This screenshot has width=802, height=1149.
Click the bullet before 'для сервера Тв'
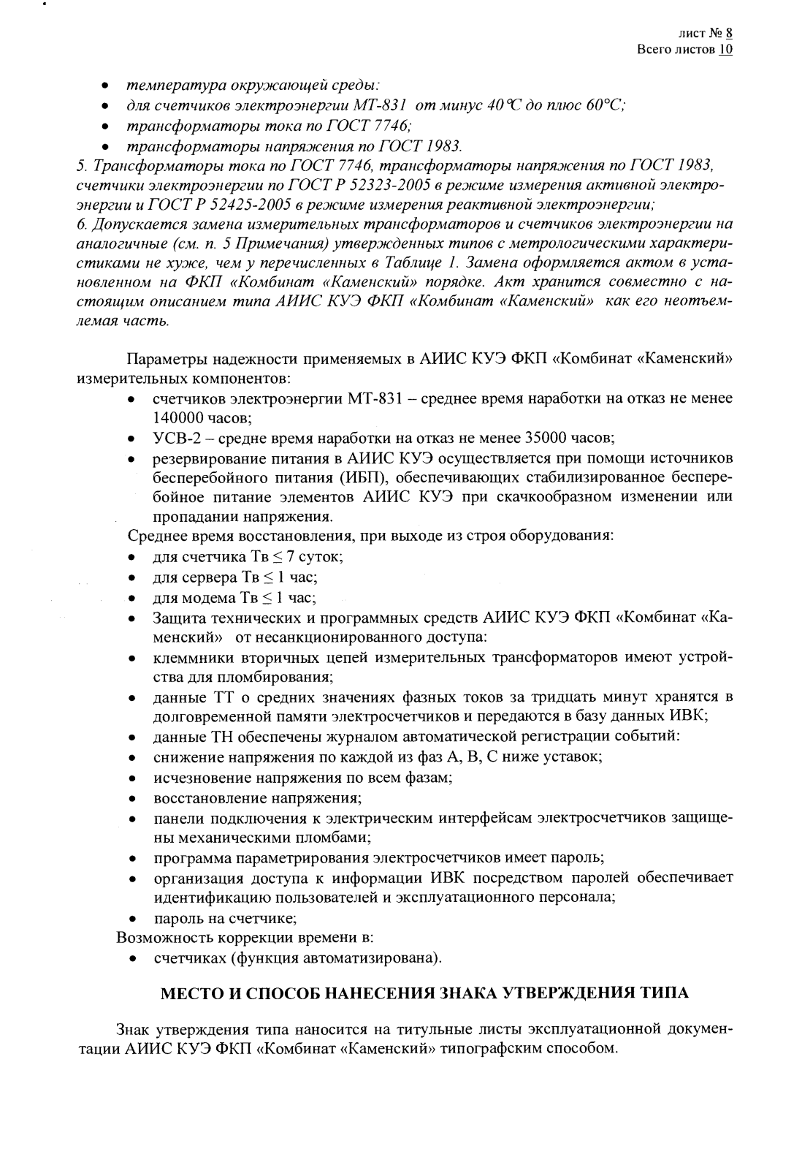130,578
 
